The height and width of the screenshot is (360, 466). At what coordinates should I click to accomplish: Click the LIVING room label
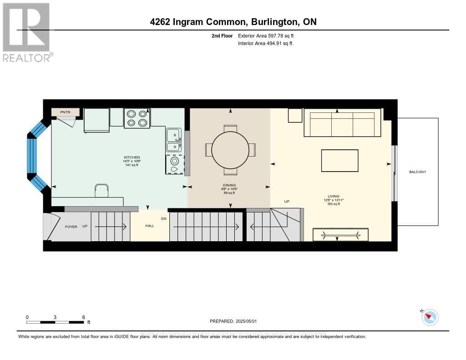[333, 196]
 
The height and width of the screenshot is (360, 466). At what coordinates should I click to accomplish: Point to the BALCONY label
[417, 172]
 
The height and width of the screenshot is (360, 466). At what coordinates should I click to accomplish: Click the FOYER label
[71, 226]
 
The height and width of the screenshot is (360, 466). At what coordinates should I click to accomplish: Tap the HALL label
[149, 225]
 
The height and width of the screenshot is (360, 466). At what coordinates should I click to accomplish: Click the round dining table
[230, 150]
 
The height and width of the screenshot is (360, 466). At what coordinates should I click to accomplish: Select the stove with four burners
[137, 118]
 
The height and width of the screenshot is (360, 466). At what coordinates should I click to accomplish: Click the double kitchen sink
[173, 140]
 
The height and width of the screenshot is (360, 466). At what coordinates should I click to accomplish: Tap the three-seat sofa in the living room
[342, 122]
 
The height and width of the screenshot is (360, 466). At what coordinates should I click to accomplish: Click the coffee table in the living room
[339, 161]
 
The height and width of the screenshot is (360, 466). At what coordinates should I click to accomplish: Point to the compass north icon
[430, 317]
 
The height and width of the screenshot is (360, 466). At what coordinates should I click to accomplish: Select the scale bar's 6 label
[83, 317]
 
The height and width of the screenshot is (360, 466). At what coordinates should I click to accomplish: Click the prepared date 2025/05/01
[233, 321]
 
